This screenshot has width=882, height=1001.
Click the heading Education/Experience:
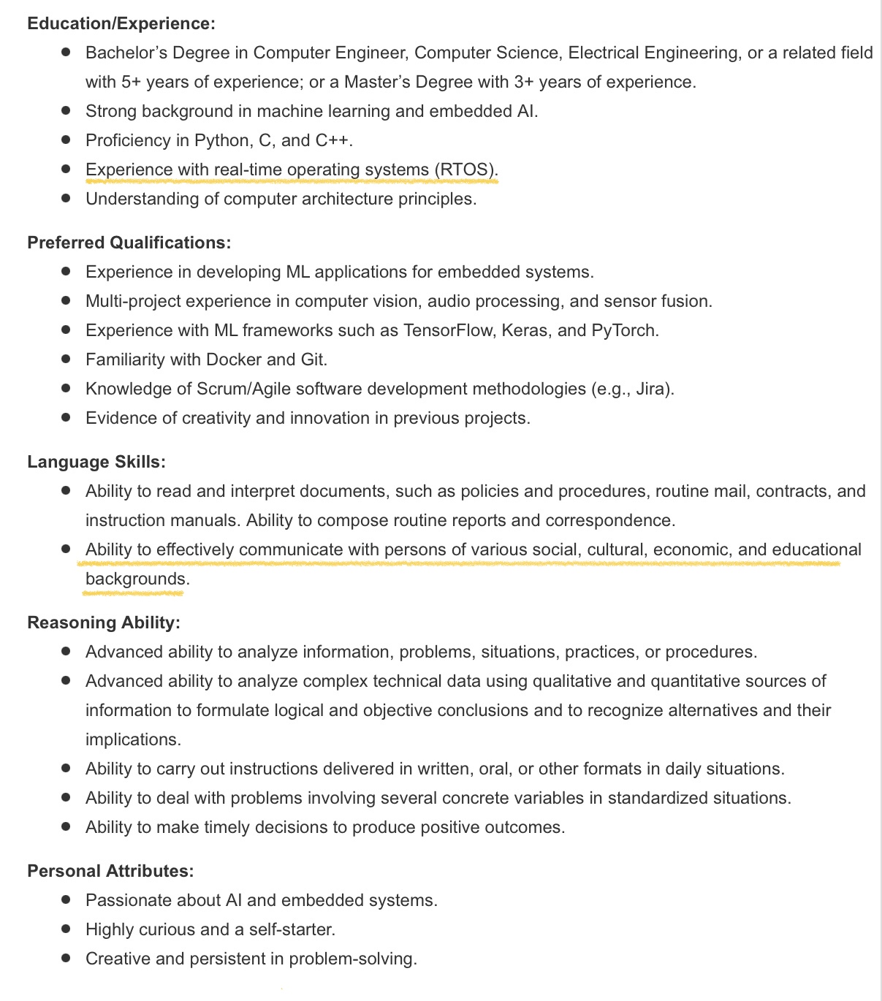point(121,23)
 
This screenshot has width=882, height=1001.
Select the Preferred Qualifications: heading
point(129,243)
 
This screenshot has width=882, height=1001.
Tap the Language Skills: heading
point(96,462)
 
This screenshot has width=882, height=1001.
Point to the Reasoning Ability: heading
point(104,623)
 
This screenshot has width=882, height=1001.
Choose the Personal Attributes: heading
point(110,871)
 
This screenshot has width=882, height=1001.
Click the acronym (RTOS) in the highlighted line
point(465,170)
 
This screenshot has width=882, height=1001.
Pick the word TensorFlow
point(449,330)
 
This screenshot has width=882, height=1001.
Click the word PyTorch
point(623,330)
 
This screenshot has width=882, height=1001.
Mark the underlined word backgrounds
point(135,579)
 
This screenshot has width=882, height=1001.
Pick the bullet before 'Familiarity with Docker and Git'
point(66,359)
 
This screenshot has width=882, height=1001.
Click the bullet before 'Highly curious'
point(66,929)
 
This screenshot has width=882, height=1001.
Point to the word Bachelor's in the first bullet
point(126,53)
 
